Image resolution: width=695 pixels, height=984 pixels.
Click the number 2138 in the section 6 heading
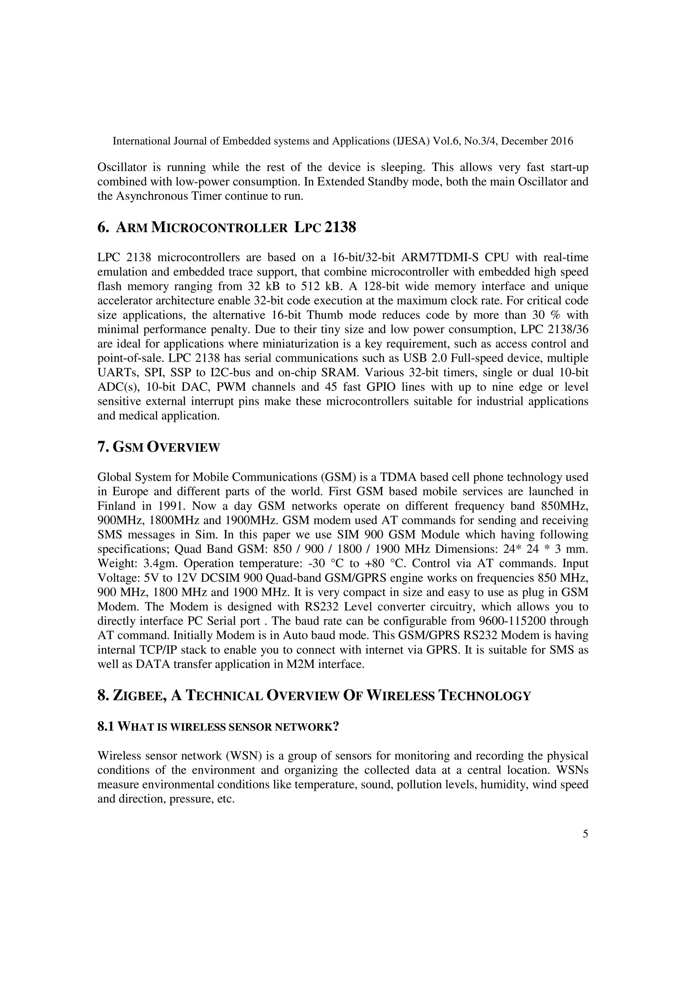pos(340,227)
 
